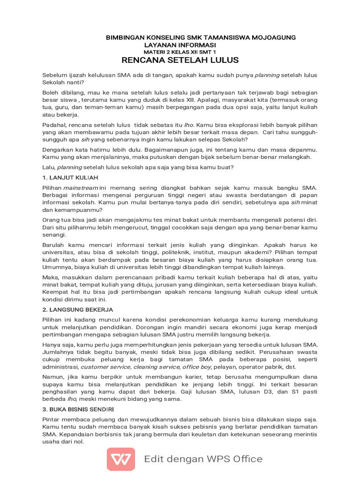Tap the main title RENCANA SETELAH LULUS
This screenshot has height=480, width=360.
point(180,60)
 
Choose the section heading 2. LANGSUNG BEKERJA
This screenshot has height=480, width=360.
point(78,309)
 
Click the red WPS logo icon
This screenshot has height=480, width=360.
point(121,459)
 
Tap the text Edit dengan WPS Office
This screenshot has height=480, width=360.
point(203,459)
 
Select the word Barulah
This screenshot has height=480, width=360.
point(54,245)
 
